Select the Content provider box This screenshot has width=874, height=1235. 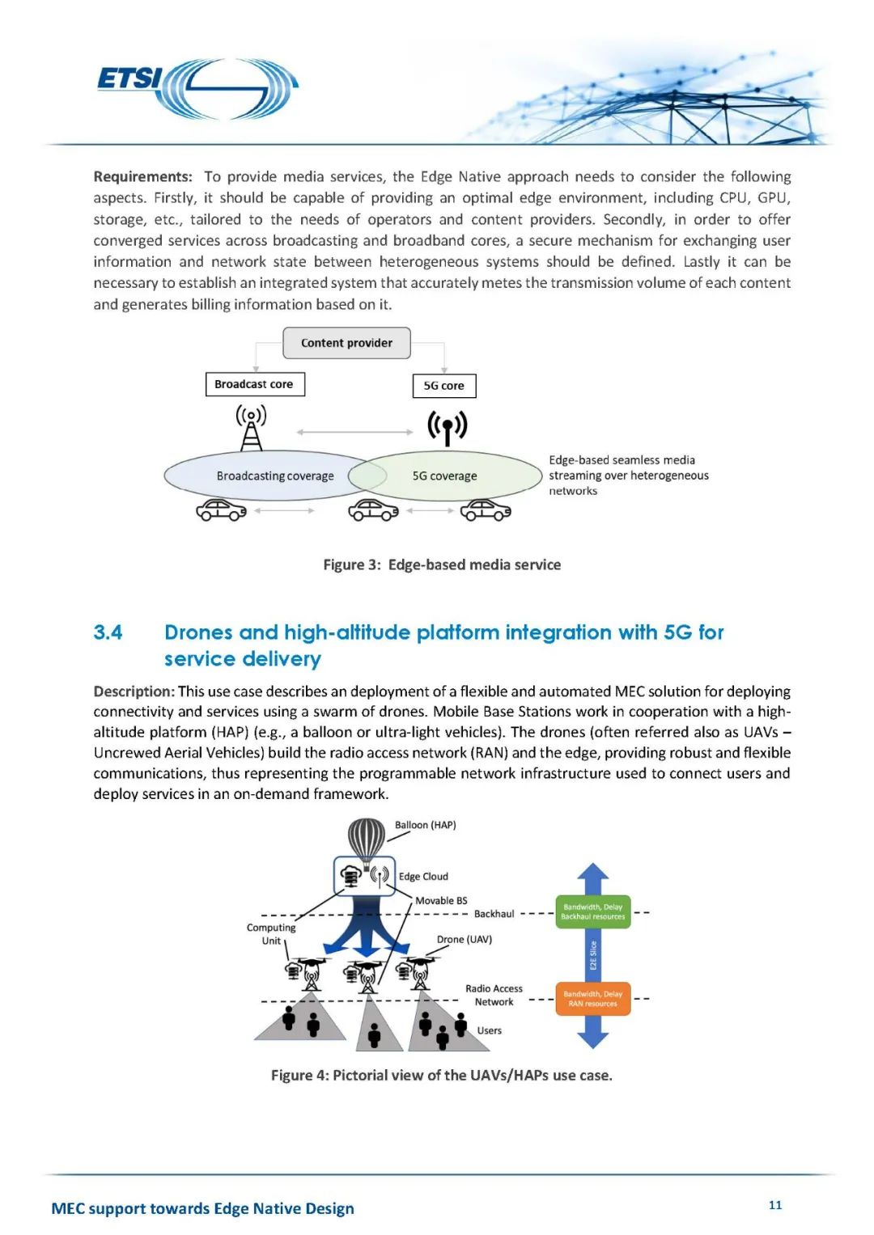point(346,343)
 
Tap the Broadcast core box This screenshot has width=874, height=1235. point(255,384)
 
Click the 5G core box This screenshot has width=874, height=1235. point(444,386)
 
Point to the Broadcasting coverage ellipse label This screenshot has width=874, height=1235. point(274,476)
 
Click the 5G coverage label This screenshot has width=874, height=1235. point(444,476)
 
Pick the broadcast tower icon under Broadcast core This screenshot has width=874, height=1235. point(251,427)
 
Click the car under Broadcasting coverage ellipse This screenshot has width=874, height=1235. point(221,510)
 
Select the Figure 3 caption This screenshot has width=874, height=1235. point(442,565)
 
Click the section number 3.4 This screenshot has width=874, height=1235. point(108,632)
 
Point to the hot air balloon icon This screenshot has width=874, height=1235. point(367,838)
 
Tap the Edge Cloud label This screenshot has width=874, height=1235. point(423,876)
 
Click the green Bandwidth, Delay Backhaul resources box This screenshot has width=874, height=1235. point(592,911)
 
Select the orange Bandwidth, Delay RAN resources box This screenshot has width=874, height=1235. point(592,999)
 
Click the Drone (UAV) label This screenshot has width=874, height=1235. point(465,939)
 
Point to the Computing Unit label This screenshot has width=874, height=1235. point(271,934)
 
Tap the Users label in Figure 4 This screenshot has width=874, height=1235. point(490,1030)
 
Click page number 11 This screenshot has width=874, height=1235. point(775,1205)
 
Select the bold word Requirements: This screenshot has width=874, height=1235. point(143,176)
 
